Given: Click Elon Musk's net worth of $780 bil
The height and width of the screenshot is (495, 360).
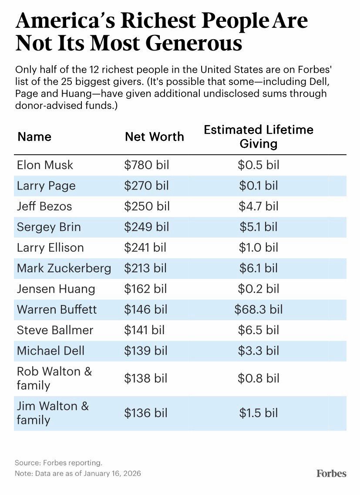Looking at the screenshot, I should click(x=146, y=165).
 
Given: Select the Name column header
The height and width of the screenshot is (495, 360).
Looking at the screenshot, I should click(x=34, y=137).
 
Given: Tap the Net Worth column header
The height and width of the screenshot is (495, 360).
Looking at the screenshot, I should click(x=155, y=137).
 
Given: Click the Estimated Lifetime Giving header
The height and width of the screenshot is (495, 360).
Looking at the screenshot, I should click(x=259, y=136).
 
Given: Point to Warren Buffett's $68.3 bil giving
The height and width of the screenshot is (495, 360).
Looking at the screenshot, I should click(x=259, y=309).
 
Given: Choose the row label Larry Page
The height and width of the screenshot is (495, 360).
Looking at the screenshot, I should click(x=46, y=186).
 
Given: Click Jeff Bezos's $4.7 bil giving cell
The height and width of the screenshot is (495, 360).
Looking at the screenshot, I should click(x=259, y=206).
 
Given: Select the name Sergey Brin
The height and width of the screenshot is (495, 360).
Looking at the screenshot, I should click(x=49, y=227).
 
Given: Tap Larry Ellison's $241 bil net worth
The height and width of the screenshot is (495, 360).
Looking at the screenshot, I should click(x=145, y=247).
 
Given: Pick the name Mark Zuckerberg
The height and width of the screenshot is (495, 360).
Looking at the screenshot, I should click(x=64, y=268).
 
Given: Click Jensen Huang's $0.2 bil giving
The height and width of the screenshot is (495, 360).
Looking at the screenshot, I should click(x=259, y=289).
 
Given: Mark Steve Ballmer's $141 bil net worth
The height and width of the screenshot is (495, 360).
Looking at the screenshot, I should click(x=145, y=330).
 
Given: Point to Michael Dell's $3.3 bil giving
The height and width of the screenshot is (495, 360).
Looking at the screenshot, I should click(x=259, y=351).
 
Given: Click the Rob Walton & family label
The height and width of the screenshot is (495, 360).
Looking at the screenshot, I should click(x=54, y=378).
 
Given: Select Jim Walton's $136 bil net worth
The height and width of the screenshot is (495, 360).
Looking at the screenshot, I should click(x=146, y=413).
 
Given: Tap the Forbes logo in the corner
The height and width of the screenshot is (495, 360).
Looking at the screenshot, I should click(x=331, y=473).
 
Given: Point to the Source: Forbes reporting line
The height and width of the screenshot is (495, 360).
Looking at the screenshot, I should click(x=58, y=463).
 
